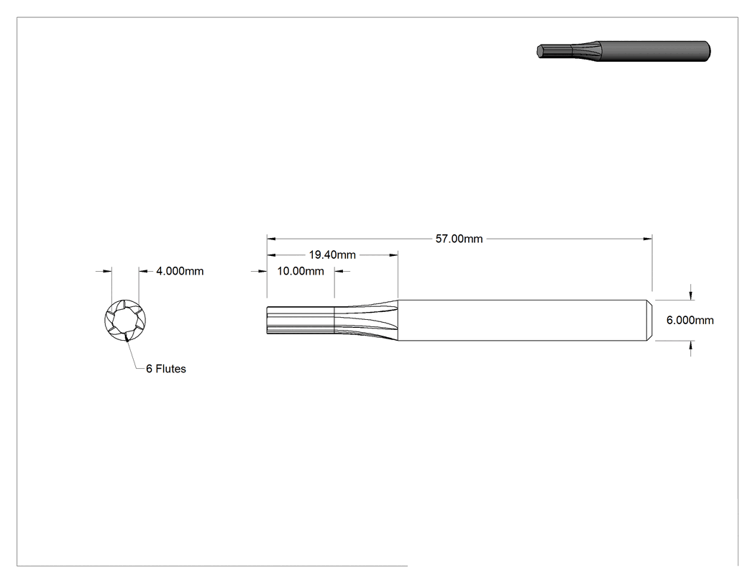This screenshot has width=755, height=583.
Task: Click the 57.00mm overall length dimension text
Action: pyautogui.click(x=459, y=239)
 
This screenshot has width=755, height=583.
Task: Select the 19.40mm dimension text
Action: pyautogui.click(x=332, y=254)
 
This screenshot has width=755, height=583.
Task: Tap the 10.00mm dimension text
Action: pyautogui.click(x=301, y=271)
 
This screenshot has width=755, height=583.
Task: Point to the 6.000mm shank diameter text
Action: pyautogui.click(x=690, y=320)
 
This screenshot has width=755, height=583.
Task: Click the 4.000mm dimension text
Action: pyautogui.click(x=180, y=271)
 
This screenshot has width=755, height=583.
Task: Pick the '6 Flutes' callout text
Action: pyautogui.click(x=166, y=369)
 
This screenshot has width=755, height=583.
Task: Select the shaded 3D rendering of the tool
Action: pyautogui.click(x=623, y=51)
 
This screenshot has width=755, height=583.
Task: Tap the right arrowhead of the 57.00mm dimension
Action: pyautogui.click(x=648, y=238)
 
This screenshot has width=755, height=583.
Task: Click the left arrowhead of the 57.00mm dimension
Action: pyautogui.click(x=271, y=238)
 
